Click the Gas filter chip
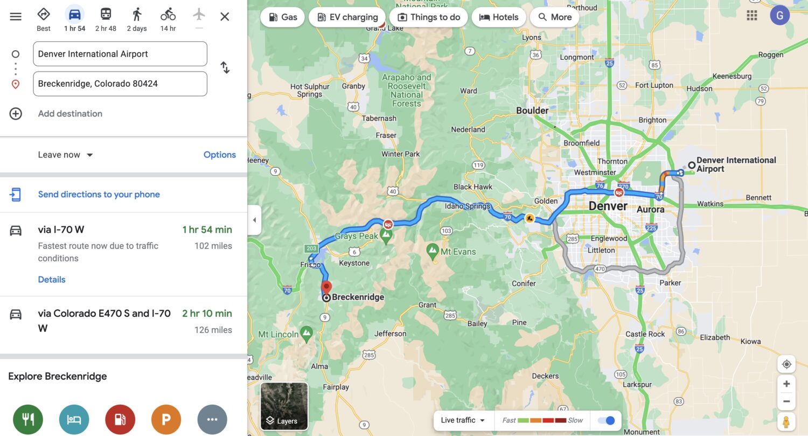[x=283, y=17]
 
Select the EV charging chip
[x=347, y=17]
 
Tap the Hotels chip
[x=498, y=17]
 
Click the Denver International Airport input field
[x=120, y=54]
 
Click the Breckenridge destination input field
[x=120, y=84]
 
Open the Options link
[x=219, y=155]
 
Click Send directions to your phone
[x=99, y=195]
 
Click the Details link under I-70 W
[x=52, y=280]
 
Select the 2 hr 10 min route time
[x=207, y=314]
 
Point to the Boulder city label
[x=532, y=110]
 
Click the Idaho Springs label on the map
[x=468, y=206]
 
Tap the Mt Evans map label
[x=458, y=251]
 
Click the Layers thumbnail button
[x=284, y=406]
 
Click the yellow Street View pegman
[x=786, y=421]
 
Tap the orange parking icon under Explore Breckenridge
[x=166, y=419]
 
